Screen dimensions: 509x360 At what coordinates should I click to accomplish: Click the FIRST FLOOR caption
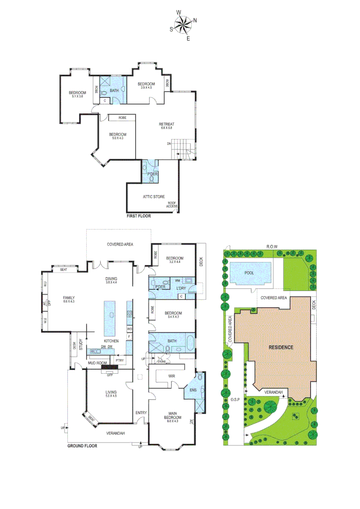[x=139, y=216]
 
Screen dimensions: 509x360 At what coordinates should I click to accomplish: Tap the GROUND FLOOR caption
[x=82, y=446]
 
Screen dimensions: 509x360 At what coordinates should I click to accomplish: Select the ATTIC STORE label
[x=154, y=196]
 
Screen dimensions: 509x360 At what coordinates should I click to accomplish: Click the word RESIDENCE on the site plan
[x=281, y=347]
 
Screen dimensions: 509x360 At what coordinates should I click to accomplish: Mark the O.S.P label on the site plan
[x=236, y=401]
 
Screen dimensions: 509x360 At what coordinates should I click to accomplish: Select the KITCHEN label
[x=111, y=341]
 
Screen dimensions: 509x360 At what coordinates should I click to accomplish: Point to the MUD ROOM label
[x=98, y=363]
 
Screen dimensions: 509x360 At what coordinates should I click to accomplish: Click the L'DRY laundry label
[x=181, y=288]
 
